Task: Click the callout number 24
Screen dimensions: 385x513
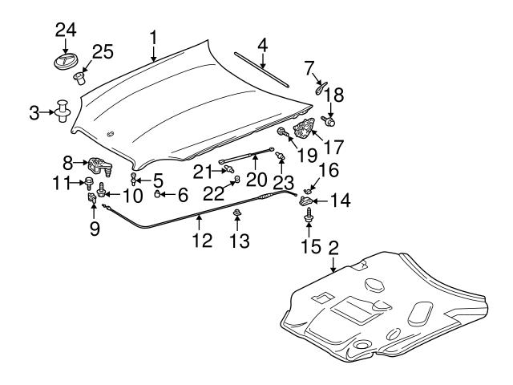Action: click(65, 30)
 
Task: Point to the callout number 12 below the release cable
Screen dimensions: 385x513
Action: click(200, 239)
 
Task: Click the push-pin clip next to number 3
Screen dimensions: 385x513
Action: click(62, 111)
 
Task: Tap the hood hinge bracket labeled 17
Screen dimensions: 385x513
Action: click(305, 129)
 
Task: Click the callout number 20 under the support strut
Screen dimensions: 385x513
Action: click(255, 177)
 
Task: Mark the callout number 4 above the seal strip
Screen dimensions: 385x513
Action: click(261, 41)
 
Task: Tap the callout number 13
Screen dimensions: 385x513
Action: click(238, 241)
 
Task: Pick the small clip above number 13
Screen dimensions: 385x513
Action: click(238, 213)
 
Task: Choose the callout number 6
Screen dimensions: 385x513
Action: click(182, 193)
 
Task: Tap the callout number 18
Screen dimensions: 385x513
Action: click(333, 95)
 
